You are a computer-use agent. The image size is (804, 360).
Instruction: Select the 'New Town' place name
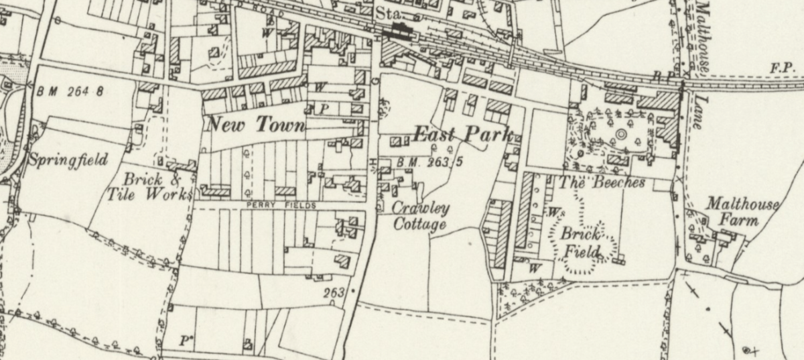pos(256,125)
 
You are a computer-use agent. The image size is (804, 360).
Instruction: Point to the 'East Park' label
pos(462,133)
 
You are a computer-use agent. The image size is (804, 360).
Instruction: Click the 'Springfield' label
pos(68,160)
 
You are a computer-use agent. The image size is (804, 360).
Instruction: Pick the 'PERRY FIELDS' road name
pos(281,206)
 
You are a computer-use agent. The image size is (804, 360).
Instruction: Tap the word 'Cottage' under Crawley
pos(419,224)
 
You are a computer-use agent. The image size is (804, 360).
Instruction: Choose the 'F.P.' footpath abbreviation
pos(782,68)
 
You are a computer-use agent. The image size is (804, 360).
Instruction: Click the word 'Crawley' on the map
pos(421,208)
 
